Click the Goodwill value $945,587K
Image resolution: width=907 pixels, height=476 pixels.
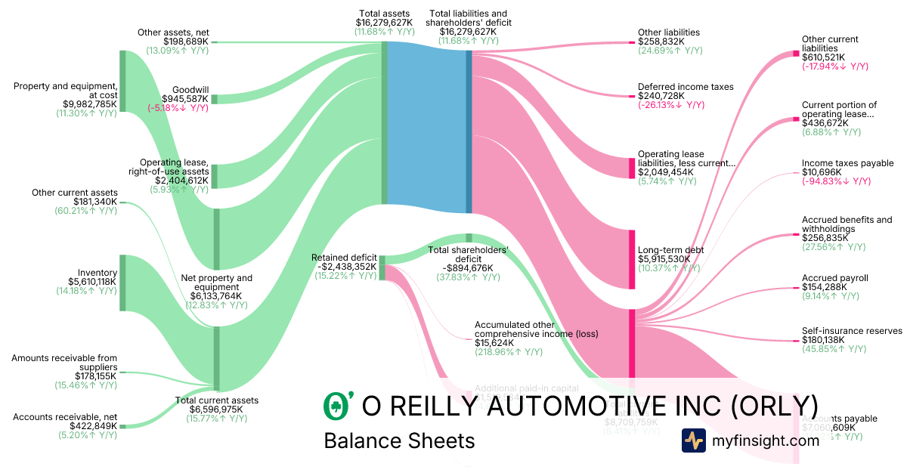click(x=184, y=98)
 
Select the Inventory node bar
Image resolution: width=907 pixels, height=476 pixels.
click(x=122, y=283)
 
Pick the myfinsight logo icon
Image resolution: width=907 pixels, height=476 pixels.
click(x=693, y=440)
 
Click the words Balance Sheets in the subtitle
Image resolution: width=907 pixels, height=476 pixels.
click(x=399, y=440)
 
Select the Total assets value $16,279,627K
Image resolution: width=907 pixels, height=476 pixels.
click(x=385, y=23)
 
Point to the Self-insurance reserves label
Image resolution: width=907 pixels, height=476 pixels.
click(x=852, y=331)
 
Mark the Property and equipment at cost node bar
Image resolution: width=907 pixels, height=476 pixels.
click(x=122, y=81)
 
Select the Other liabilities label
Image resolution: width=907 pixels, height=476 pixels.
click(x=668, y=32)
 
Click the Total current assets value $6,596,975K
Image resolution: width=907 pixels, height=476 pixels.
click(x=217, y=410)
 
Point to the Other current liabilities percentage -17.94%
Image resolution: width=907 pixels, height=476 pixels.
click(x=834, y=66)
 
